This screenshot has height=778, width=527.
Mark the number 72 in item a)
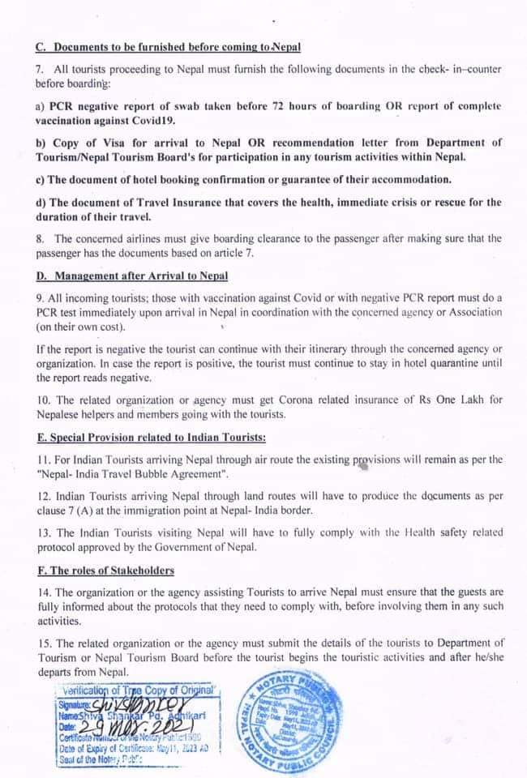click(240, 105)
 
